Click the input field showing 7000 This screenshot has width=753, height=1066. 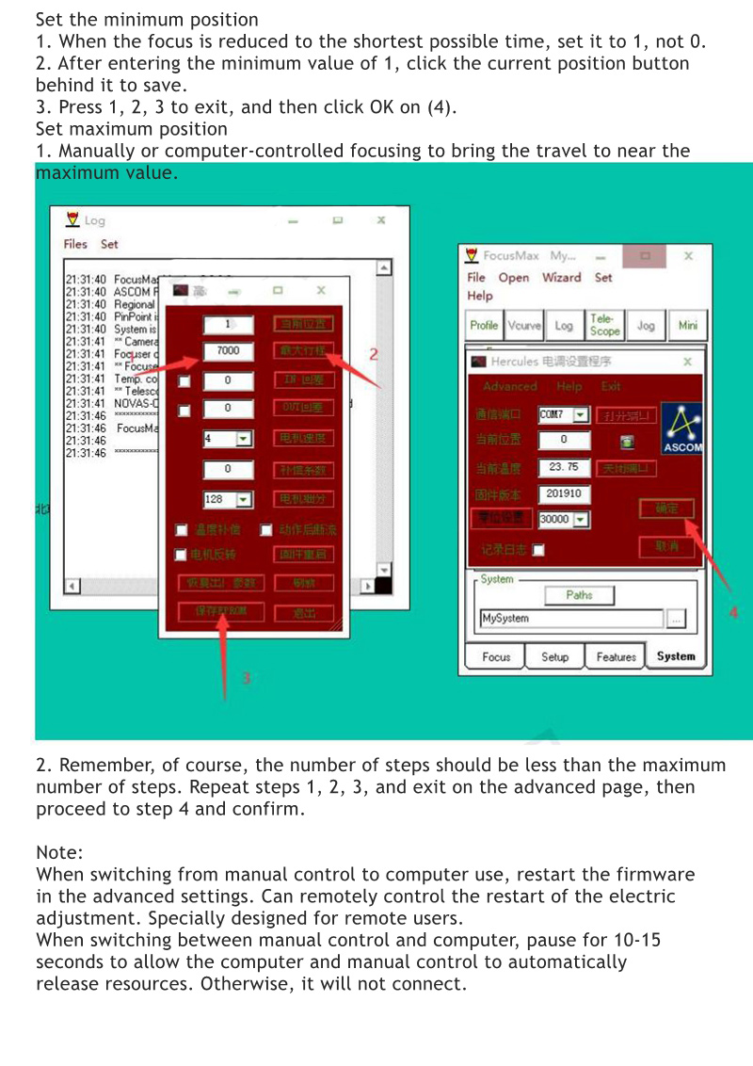tap(229, 351)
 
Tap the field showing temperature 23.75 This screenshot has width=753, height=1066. tap(563, 467)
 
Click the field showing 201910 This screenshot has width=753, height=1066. tap(563, 493)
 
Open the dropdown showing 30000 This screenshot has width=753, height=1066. tap(564, 520)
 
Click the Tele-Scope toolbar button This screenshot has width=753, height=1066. tap(604, 326)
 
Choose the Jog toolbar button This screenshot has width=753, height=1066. tap(646, 326)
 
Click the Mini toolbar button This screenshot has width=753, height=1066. tap(688, 326)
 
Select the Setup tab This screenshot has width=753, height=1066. tap(555, 657)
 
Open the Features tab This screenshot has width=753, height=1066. tap(616, 657)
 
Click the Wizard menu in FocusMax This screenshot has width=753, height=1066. tap(561, 278)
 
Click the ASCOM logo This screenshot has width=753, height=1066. tap(681, 428)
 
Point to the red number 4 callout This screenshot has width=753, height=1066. tap(734, 613)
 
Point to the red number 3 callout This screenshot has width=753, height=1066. tap(247, 677)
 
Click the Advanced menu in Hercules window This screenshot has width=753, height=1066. tap(509, 387)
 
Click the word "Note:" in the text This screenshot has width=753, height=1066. tap(60, 852)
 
